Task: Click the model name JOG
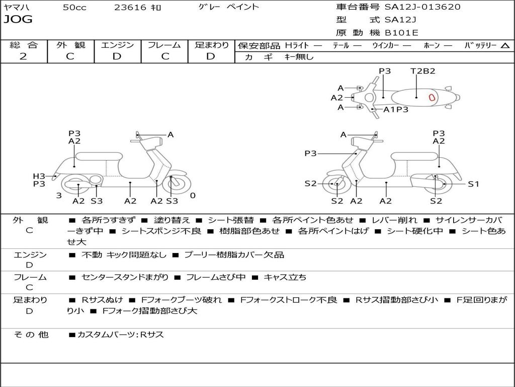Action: click(18, 20)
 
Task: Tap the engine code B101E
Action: click(401, 33)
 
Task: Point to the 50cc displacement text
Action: click(74, 8)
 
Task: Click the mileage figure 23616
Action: click(130, 8)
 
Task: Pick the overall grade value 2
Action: click(23, 56)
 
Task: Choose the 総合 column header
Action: click(24, 45)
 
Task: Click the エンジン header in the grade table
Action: click(117, 45)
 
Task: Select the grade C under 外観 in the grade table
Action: click(70, 56)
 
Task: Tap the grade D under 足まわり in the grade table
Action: click(211, 56)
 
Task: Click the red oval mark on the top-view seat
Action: click(432, 97)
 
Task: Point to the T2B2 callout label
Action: click(422, 71)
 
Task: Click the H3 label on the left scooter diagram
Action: click(39, 176)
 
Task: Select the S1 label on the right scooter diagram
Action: click(473, 184)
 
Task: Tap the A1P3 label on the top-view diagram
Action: click(396, 109)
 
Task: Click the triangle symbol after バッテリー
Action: click(505, 45)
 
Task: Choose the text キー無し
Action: click(299, 57)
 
